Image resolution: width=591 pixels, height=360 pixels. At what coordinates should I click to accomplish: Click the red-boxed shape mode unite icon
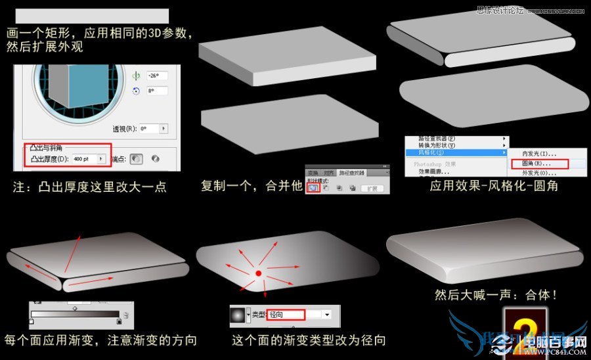(x=313, y=188)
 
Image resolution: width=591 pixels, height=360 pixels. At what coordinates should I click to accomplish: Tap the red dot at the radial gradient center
(x=258, y=272)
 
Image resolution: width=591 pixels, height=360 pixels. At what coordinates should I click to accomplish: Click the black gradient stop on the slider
(x=119, y=321)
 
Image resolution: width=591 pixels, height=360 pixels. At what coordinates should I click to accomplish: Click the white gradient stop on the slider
(x=31, y=321)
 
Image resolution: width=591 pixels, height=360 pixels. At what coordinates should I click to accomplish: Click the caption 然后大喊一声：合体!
(x=496, y=295)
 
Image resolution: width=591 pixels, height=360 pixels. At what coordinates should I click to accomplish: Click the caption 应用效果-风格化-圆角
(x=494, y=186)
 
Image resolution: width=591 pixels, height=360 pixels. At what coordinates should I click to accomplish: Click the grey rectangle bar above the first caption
(x=91, y=16)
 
